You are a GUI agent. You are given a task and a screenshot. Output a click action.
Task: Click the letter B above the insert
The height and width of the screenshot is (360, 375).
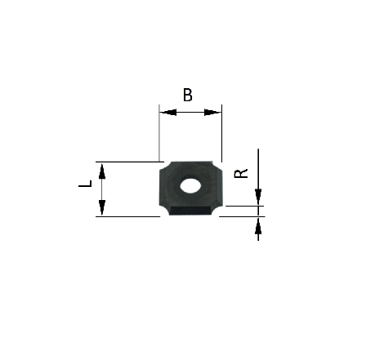pos(188,95)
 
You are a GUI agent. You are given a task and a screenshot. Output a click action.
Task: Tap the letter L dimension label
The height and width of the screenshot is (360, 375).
pos(84,188)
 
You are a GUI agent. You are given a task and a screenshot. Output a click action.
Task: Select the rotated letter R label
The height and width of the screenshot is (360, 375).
pos(240,173)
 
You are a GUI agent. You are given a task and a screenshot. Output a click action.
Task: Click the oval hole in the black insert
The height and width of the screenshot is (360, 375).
pos(190,185)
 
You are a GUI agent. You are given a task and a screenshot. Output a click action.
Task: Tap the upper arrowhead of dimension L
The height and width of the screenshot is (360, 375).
pos(102,169)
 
